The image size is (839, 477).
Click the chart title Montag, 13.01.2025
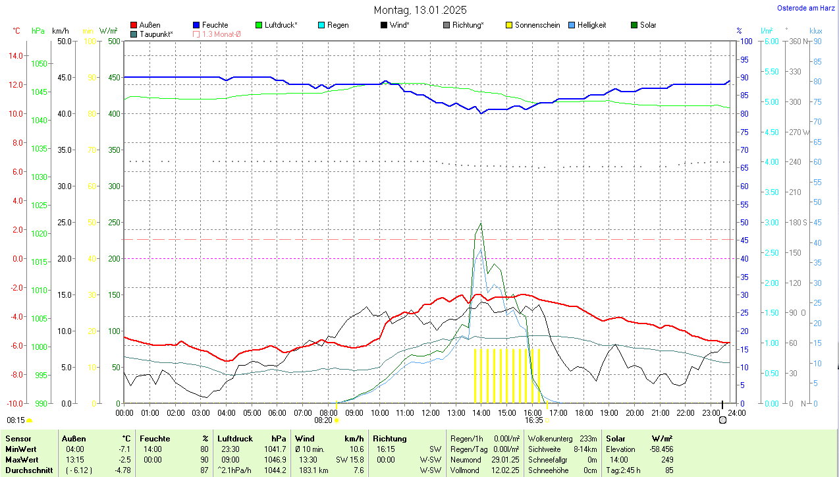point(420,10)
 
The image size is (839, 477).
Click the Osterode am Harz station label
point(806,8)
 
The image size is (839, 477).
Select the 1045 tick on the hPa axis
point(40,92)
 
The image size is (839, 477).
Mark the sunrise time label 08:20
point(323,420)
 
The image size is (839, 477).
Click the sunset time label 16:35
point(534,420)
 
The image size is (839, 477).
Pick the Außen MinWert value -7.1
point(123,449)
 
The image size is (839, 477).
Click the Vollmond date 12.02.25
point(505,470)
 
